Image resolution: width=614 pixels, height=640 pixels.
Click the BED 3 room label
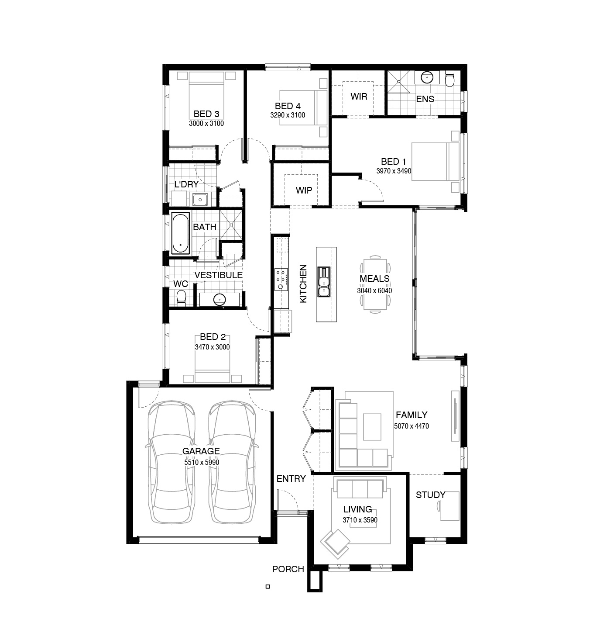point(206,114)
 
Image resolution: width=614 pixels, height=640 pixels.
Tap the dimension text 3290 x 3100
point(288,115)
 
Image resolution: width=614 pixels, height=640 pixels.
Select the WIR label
point(359,97)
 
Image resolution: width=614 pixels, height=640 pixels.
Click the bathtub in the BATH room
point(180,233)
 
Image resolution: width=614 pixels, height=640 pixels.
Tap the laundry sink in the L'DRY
point(200,199)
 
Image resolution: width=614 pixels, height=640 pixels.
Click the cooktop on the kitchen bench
point(281,279)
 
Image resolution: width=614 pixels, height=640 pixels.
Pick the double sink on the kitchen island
point(324,282)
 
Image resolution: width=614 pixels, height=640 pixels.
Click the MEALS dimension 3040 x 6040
point(374,291)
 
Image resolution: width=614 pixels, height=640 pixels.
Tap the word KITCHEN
point(303,284)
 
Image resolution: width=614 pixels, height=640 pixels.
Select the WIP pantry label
point(304,190)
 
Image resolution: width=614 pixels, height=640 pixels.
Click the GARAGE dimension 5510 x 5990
point(202,462)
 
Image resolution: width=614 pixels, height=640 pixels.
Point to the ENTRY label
point(291,479)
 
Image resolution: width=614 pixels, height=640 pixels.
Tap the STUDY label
point(430,495)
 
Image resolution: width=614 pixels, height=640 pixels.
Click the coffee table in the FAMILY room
point(372,427)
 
